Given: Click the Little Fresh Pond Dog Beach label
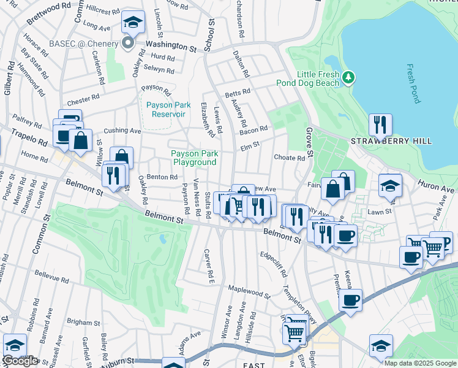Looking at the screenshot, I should pos(318,79).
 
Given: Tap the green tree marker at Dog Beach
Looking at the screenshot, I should pos(348,77).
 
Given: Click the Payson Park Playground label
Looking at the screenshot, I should pos(194,158).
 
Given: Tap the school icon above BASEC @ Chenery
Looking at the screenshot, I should pos(133,23).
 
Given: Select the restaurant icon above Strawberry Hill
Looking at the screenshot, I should pos(380,125).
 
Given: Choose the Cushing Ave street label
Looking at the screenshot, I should pos(122,131).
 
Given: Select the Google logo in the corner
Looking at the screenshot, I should pos(20,361).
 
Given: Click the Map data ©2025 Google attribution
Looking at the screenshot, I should pos(420,363).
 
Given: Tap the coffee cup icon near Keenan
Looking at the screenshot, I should pos(350,301).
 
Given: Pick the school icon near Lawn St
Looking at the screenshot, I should pos(390,185).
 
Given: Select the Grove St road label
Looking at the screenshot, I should pos(309,143).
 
